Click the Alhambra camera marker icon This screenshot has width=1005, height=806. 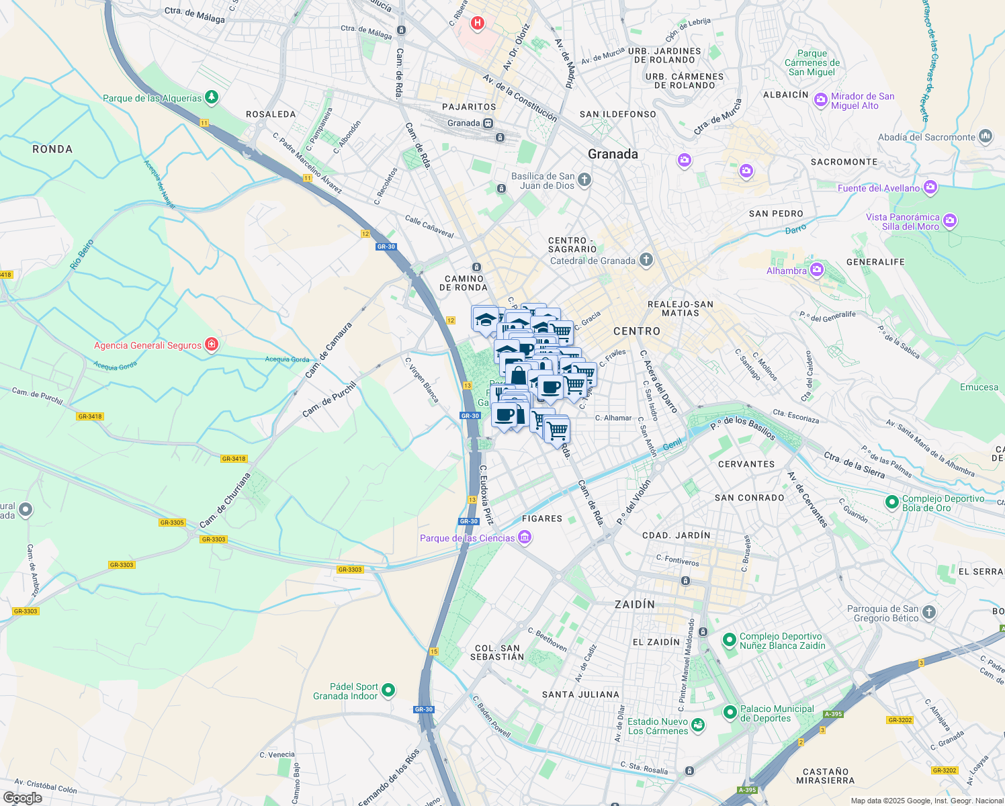(817, 271)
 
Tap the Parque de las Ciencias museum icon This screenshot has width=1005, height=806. (525, 537)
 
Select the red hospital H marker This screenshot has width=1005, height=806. (478, 24)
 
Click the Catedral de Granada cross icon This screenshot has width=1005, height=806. (646, 260)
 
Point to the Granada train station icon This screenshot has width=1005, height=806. (488, 124)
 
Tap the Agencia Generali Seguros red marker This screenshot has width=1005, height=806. (212, 345)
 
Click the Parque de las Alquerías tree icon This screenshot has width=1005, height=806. (212, 97)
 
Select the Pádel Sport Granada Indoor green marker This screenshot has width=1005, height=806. (388, 690)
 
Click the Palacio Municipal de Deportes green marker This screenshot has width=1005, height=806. (730, 712)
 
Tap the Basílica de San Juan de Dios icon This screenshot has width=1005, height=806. (584, 179)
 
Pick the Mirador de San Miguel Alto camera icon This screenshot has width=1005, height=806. (820, 100)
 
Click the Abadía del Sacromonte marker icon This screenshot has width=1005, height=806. (986, 136)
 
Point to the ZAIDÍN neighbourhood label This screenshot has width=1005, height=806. (635, 604)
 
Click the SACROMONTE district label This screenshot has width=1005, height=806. (844, 162)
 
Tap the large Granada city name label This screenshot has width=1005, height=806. (613, 154)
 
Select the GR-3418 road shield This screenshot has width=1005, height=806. (89, 416)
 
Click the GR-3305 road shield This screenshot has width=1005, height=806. (172, 523)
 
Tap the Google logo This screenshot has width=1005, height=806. (23, 798)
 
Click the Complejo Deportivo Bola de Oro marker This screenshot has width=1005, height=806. (892, 502)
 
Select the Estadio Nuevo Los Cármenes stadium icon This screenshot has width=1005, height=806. (698, 725)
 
